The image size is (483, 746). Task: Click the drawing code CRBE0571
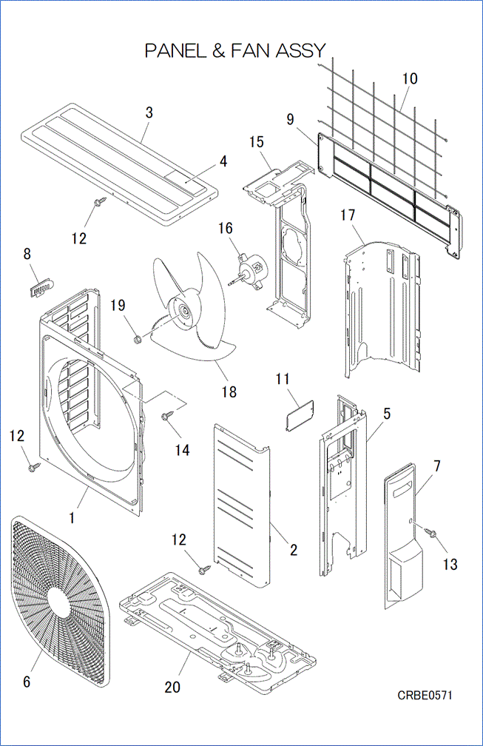pos(425,695)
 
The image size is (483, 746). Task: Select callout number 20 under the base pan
pos(172,687)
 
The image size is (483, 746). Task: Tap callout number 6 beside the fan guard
pos(27,682)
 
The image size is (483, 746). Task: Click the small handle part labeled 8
pos(41,287)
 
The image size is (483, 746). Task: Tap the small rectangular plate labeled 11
pos(300,410)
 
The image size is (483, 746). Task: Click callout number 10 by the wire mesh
pos(409,78)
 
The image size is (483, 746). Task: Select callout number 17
pos(348,215)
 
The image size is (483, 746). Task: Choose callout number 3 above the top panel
pos(149,112)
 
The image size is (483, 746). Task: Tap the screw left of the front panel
pos(34,467)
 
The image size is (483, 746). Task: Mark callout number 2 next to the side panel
pos(294,550)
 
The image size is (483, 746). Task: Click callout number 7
pos(436,466)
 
